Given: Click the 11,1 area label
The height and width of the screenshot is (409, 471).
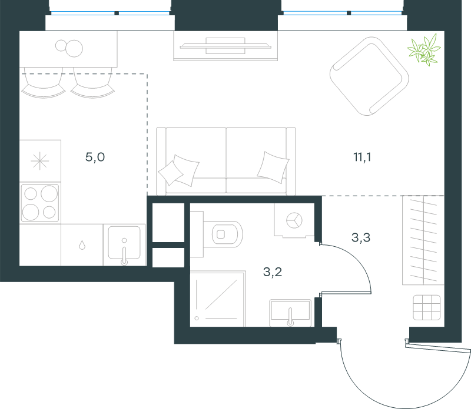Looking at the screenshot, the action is [x=362, y=157].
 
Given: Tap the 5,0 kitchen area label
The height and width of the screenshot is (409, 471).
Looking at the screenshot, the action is [x=95, y=157].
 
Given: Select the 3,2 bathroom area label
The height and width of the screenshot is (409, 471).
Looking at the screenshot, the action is [x=273, y=272].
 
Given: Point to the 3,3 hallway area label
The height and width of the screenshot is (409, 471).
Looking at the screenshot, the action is [x=361, y=237].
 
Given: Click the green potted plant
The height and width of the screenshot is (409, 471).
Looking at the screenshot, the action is [x=424, y=50].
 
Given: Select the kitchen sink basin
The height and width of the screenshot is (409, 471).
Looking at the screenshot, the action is [x=124, y=243].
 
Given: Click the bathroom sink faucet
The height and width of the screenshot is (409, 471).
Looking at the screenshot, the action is [x=290, y=317].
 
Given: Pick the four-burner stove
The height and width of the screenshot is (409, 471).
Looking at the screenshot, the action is [x=39, y=203].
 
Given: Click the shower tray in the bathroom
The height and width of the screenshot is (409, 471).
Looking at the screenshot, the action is [x=218, y=299].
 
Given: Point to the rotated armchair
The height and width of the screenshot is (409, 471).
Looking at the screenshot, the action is [x=369, y=76].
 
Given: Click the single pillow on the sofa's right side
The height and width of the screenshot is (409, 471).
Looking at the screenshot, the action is [x=273, y=167].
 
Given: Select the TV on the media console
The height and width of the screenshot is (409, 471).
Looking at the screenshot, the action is [x=225, y=46].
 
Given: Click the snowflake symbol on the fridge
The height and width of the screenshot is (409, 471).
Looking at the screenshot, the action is [x=39, y=161].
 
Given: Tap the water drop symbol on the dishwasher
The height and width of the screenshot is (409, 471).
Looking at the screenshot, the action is [x=82, y=245].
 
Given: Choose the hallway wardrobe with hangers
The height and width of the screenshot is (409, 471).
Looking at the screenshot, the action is [x=423, y=240].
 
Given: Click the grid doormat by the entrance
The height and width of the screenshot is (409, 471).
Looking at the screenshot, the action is [x=426, y=308].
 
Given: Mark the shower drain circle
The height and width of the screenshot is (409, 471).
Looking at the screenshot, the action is [x=197, y=318].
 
